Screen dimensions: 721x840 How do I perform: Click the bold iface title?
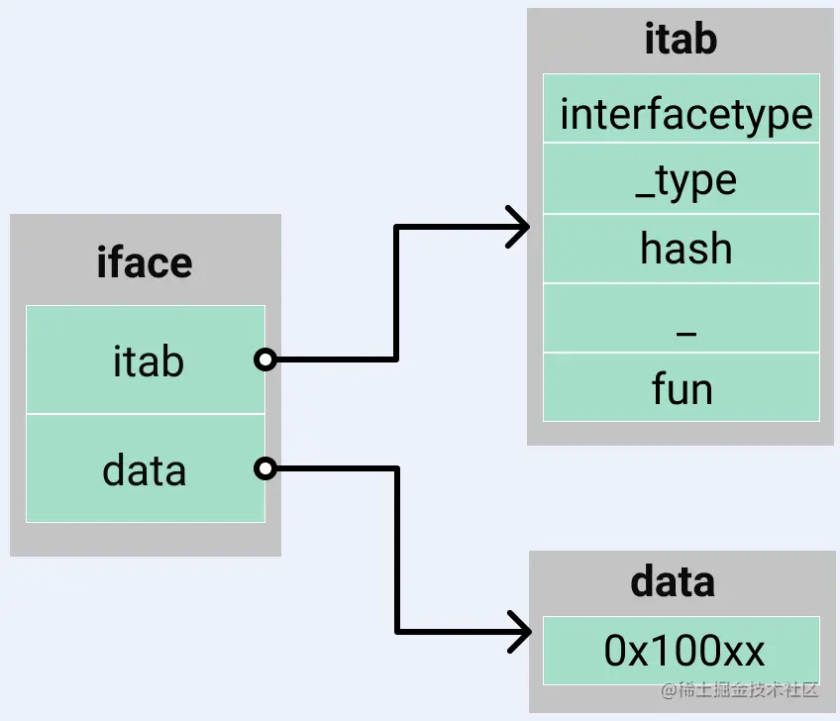[145, 263]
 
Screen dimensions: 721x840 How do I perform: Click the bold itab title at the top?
[681, 41]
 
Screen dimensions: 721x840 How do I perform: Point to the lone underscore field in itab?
[682, 318]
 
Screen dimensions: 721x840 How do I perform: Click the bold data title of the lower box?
[673, 581]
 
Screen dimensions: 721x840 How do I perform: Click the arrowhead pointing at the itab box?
[519, 227]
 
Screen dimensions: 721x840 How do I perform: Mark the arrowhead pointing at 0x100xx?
[519, 631]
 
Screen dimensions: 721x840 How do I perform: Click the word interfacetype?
[685, 114]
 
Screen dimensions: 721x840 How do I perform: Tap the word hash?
[685, 249]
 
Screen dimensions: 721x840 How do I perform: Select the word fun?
[682, 388]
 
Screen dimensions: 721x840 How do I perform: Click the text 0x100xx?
[684, 651]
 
